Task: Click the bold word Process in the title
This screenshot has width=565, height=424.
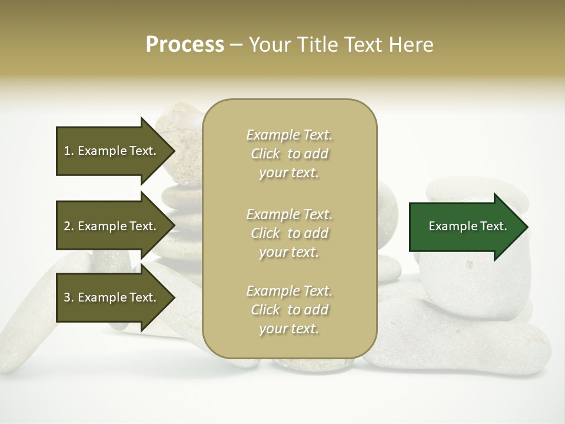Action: [x=185, y=45]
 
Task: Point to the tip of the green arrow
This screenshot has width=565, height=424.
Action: [x=527, y=227]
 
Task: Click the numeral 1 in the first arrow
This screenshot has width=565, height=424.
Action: [x=67, y=151]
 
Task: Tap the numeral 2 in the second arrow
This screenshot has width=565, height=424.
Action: [x=67, y=226]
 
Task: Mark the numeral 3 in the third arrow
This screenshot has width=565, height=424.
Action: [x=67, y=297]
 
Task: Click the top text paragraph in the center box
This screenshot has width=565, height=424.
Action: [x=289, y=154]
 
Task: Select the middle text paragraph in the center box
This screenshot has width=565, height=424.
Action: [x=289, y=233]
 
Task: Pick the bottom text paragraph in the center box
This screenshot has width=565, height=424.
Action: [x=289, y=310]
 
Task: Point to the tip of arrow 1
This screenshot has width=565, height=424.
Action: [x=174, y=151]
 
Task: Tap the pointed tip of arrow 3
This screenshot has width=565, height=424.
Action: [x=174, y=297]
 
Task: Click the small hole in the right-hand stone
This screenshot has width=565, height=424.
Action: [x=469, y=264]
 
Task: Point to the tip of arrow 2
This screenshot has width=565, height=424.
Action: [x=174, y=226]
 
